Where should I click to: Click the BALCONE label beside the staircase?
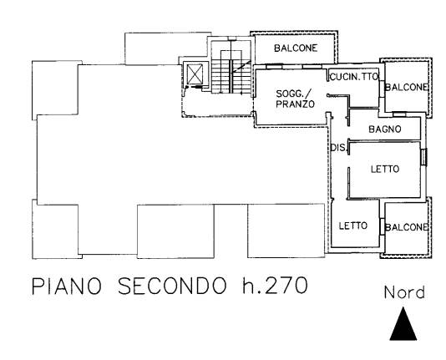pyautogui.click(x=296, y=48)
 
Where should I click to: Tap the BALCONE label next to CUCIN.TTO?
pyautogui.click(x=407, y=87)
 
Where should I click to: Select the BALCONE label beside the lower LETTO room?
pyautogui.click(x=407, y=227)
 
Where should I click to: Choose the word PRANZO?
pyautogui.click(x=296, y=104)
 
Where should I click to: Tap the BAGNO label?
pyautogui.click(x=385, y=129)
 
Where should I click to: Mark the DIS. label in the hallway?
pyautogui.click(x=339, y=148)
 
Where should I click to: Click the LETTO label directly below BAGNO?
pyautogui.click(x=385, y=170)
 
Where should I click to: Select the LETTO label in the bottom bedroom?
pyautogui.click(x=353, y=226)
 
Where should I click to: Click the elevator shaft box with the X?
pyautogui.click(x=195, y=74)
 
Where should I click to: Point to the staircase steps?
pyautogui.click(x=231, y=76)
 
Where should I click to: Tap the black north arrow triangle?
pyautogui.click(x=403, y=324)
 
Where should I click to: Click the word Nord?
pyautogui.click(x=404, y=292)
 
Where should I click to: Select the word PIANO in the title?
pyautogui.click(x=67, y=286)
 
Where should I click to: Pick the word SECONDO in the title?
pyautogui.click(x=172, y=286)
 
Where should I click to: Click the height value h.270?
pyautogui.click(x=275, y=286)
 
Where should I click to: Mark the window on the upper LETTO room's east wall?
pyautogui.click(x=423, y=157)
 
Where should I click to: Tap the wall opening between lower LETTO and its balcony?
pyautogui.click(x=383, y=226)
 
